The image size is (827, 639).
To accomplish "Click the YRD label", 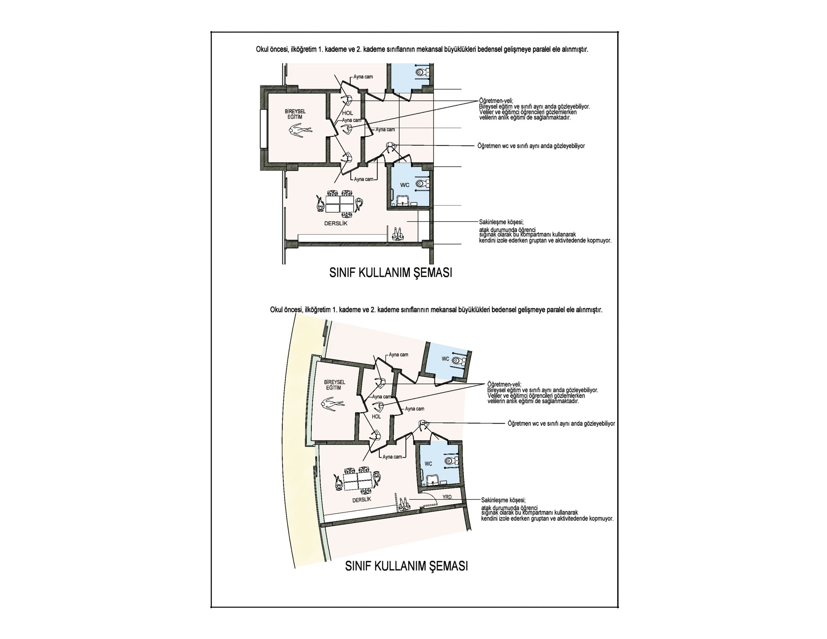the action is point(447,497).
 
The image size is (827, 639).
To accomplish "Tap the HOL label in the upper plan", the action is point(348,113).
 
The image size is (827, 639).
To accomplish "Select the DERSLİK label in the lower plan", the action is point(361,500).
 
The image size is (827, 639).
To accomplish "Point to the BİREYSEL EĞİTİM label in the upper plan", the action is point(295,115).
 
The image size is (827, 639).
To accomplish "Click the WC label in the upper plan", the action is point(404,185).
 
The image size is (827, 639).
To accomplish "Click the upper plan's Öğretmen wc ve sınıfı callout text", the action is point(531,146).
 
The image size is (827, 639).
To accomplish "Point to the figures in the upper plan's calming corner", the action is point(398,234).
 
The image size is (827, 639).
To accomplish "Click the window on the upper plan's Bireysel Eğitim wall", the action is point(263,129).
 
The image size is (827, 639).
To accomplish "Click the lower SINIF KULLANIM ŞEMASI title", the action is point(406,566).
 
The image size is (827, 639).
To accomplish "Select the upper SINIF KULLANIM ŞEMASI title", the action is point(391,273).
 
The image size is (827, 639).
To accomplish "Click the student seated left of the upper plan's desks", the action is point(320,204).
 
